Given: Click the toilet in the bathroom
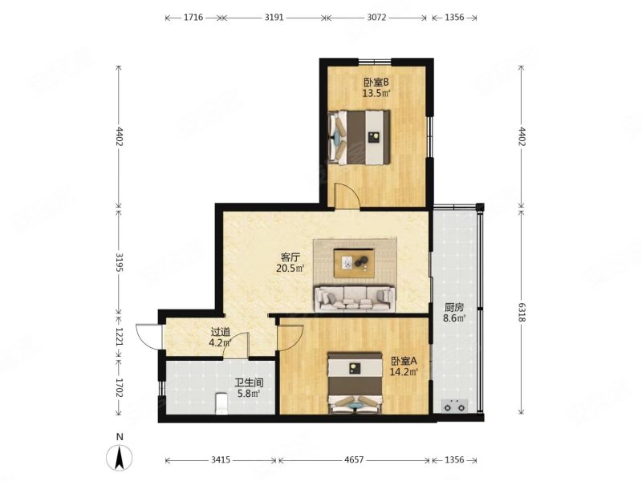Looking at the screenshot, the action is tap(221, 404).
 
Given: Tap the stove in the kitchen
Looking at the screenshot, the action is tap(454, 406).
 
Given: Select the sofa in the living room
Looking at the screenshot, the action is tap(355, 299).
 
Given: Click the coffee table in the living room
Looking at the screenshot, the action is tap(354, 263).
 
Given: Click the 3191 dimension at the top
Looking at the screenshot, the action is tap(274, 18).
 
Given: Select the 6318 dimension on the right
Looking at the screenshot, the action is tap(521, 312).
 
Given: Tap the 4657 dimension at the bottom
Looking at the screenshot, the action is tap(354, 459).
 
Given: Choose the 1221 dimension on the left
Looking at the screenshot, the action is tap(119, 336).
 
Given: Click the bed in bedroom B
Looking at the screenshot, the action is tap(359, 137).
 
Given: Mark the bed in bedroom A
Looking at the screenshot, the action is tap(354, 383).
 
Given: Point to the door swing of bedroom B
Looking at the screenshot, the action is tap(347, 196).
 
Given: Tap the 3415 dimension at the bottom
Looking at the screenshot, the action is tap(221, 459).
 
